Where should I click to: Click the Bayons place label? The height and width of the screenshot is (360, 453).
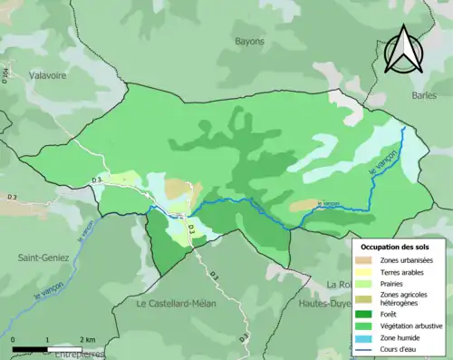pyautogui.click(x=249, y=41)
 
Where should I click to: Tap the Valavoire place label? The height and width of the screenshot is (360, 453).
pyautogui.click(x=48, y=76)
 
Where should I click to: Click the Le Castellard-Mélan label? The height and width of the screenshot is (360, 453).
pyautogui.click(x=176, y=304)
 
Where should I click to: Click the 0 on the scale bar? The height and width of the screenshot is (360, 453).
pyautogui.click(x=14, y=339)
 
